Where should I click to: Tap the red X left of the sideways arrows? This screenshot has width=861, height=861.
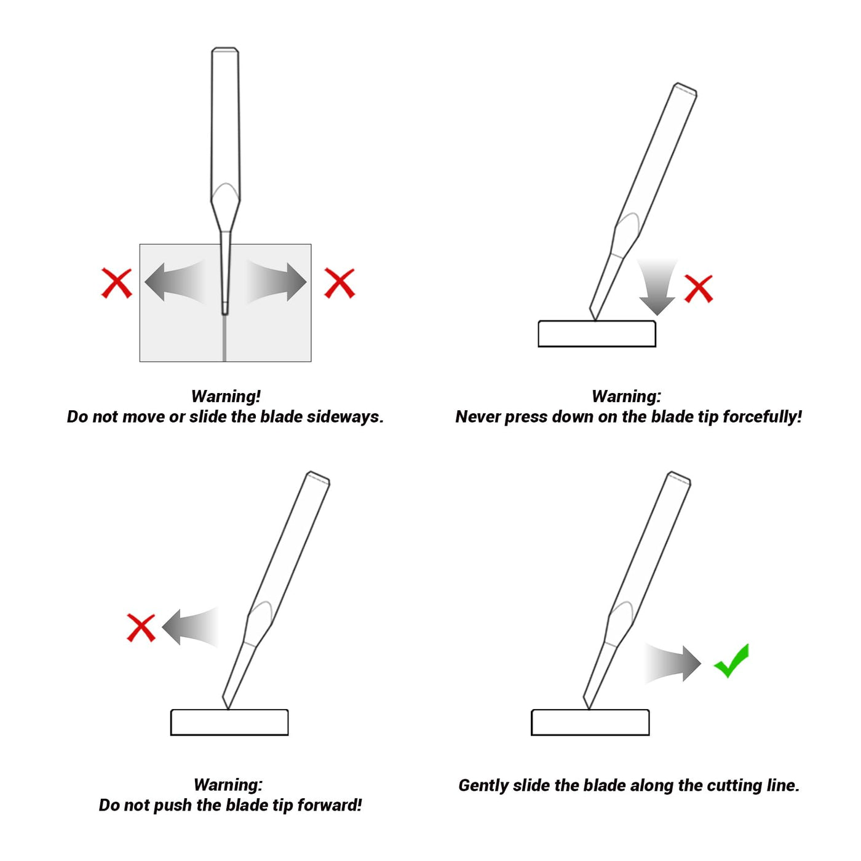[x=117, y=283]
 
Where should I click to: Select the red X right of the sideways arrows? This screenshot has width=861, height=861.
[x=339, y=283]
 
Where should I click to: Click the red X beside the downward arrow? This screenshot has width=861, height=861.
[x=698, y=289]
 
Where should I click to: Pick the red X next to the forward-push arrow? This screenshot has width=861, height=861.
[x=141, y=628]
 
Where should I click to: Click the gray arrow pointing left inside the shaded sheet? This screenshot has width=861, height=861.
[x=174, y=282]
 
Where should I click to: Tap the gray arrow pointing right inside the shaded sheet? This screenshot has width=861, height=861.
[x=277, y=282]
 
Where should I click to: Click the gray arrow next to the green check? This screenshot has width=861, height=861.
[x=672, y=664]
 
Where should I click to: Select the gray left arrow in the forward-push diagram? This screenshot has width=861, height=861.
[x=190, y=627]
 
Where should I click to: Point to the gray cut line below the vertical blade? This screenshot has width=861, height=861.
[x=224, y=338]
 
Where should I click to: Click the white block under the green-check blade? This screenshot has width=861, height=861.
[x=590, y=723]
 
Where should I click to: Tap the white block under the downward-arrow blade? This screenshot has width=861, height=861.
[x=597, y=334]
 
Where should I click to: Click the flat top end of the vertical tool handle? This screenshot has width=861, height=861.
[x=224, y=49]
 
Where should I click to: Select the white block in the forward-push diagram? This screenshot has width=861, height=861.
[x=229, y=723]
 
